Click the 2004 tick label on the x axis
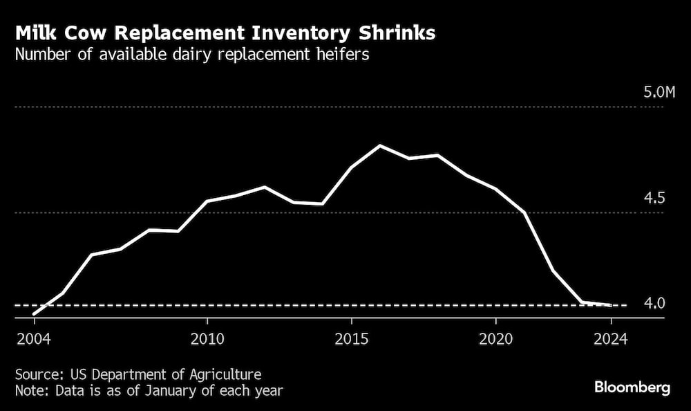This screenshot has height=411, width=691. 33,339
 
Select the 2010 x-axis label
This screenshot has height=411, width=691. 207,339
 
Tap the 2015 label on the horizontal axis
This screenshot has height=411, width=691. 352,339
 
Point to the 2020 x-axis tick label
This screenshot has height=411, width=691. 495,339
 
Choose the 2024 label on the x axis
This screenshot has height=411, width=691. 611,339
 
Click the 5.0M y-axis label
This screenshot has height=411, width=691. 659,92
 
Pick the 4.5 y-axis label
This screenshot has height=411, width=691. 654,199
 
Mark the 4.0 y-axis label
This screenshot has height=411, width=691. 654,303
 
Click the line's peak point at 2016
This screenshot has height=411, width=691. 380,145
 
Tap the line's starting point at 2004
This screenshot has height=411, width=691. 34,314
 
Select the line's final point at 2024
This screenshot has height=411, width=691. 611,304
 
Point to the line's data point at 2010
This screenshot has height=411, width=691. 207,201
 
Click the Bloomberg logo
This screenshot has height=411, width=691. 632,387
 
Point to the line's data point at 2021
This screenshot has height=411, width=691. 525,212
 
